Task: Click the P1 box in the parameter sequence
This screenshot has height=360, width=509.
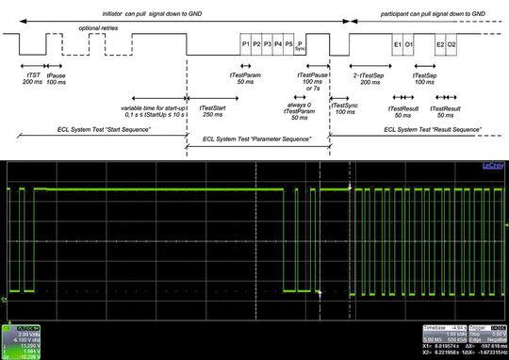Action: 245,44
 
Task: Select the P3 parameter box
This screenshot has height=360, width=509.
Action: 267,44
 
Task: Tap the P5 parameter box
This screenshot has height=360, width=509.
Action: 288,44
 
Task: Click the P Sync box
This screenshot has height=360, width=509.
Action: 301,46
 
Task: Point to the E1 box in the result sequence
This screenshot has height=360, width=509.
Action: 397,44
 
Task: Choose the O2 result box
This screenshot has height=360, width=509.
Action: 452,44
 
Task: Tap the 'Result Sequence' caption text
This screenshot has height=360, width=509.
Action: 415,125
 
